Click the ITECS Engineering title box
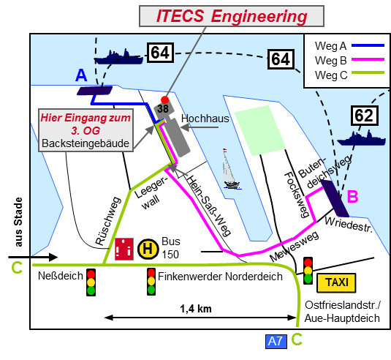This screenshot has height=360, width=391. pos(232,16)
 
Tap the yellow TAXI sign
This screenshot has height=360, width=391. pos(336,282)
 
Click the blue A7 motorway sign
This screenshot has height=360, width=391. pos(276,341)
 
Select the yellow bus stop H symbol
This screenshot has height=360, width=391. pos(148,249)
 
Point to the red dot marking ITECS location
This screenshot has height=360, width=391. pos(164,100)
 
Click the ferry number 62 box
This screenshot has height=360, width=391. pos(364,116)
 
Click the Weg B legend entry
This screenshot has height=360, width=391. pos(349,60)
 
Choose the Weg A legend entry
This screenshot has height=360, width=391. pos(349,45)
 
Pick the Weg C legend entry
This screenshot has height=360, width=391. pos(349,75)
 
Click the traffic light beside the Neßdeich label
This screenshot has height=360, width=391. pos(91,282)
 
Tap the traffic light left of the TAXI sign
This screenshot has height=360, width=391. pos(308,271)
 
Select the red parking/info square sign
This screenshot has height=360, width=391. pos(124,249)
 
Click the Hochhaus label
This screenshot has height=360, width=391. pos(205,119)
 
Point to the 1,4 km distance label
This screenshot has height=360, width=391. pos(196,309)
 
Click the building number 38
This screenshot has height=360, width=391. pos(163,108)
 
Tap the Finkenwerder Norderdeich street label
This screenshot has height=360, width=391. pos(220,277)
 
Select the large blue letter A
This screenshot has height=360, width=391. pos(81,75)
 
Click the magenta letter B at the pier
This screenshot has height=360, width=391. pos(352,196)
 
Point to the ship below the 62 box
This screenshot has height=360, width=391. pos(361,138)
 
